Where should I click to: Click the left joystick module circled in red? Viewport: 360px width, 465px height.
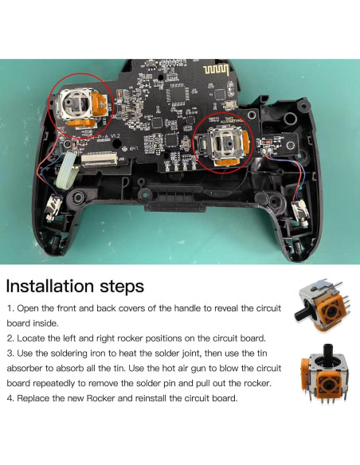tap(81, 109)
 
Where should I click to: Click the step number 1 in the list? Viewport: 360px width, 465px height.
tap(9, 307)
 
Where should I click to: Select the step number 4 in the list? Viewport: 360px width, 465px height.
tap(10, 397)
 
